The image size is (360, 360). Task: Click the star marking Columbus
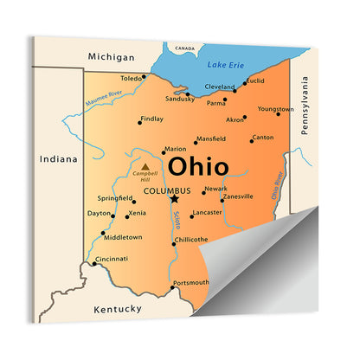click(x=175, y=198)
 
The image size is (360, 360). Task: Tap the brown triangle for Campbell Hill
click(x=145, y=165)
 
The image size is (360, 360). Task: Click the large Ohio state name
click(x=199, y=166)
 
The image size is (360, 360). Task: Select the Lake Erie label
click(x=226, y=65)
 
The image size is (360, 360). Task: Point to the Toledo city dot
click(x=145, y=78)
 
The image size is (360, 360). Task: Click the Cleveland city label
click(x=221, y=87)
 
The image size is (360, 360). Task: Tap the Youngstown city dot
click(x=278, y=114)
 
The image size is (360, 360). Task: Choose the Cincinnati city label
click(x=112, y=258)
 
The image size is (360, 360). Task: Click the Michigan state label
click(x=111, y=56)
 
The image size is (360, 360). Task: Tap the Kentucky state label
click(x=117, y=309)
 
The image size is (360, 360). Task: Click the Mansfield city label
click(x=212, y=138)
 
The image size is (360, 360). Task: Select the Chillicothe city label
click(x=191, y=239)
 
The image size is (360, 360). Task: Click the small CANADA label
click(x=184, y=48)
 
